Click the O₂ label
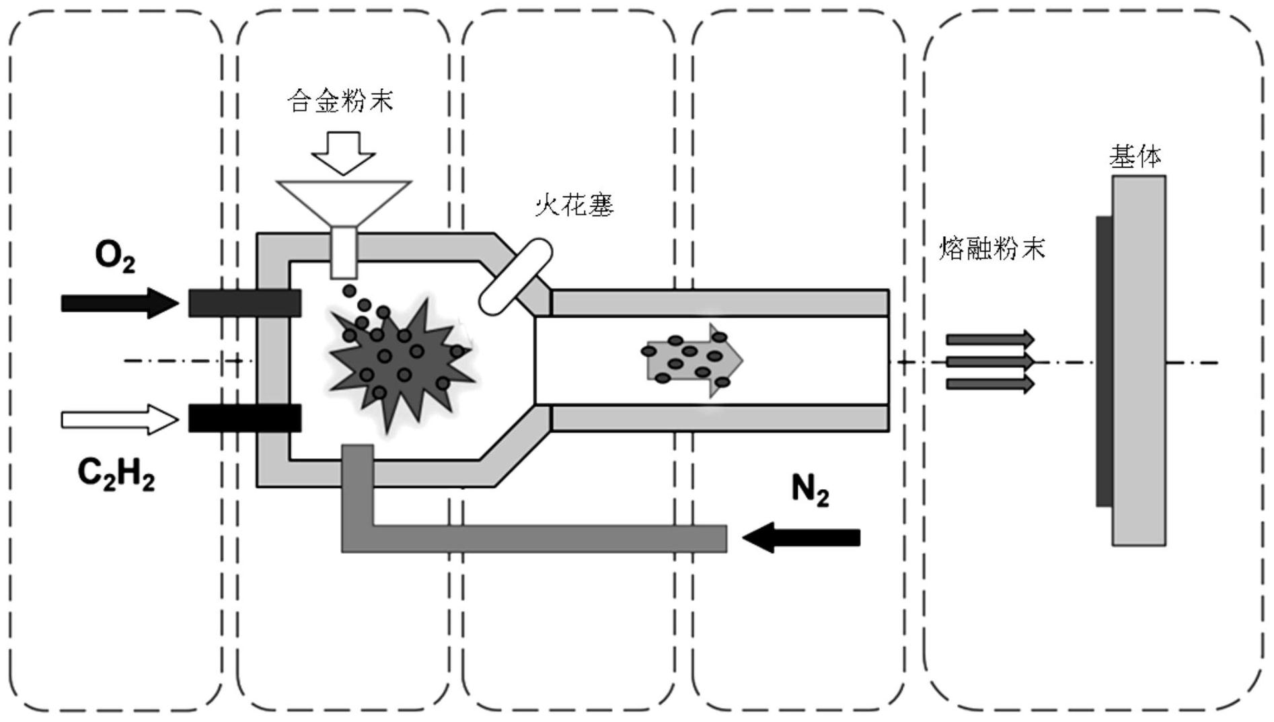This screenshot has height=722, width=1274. pyautogui.click(x=115, y=258)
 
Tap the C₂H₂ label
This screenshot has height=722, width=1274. pyautogui.click(x=116, y=474)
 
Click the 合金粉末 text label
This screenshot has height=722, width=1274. pyautogui.click(x=340, y=101)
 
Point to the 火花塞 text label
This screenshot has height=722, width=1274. pyautogui.click(x=574, y=205)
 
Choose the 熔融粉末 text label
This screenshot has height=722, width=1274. pyautogui.click(x=992, y=249)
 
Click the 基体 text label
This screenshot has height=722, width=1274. pyautogui.click(x=1135, y=157)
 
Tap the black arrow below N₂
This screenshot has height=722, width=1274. pyautogui.click(x=801, y=538)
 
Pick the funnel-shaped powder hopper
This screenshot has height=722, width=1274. pyautogui.click(x=344, y=202)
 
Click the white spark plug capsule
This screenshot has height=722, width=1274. pyautogui.click(x=516, y=277)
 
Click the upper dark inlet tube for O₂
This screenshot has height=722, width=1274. pyautogui.click(x=244, y=303)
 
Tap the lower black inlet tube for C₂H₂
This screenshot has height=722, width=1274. pyautogui.click(x=244, y=418)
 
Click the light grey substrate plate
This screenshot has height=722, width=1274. pyautogui.click(x=1138, y=361)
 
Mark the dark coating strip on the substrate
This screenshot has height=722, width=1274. pyautogui.click(x=1103, y=361)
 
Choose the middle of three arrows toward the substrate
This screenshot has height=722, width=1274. pyautogui.click(x=989, y=362)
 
